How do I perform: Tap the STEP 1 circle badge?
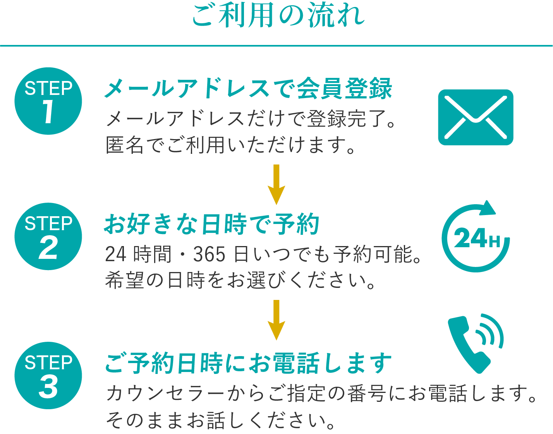point(48,101)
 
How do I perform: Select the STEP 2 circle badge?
point(48,236)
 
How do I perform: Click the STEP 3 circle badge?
point(48,375)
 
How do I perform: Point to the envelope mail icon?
point(476,117)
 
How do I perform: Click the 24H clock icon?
point(476,237)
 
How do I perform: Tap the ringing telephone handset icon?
point(476,344)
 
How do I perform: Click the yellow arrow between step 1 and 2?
point(276,184)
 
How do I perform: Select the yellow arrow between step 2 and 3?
point(276,320)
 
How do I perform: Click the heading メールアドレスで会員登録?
point(248,88)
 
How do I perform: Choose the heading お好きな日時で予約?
point(212,224)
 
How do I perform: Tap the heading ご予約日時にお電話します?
point(248,363)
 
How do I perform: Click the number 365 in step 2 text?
point(209,254)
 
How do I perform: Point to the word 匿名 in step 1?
point(125,145)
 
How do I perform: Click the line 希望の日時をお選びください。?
point(240,281)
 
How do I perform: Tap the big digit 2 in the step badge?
point(48,247)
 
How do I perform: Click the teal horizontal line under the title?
point(276,46)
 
